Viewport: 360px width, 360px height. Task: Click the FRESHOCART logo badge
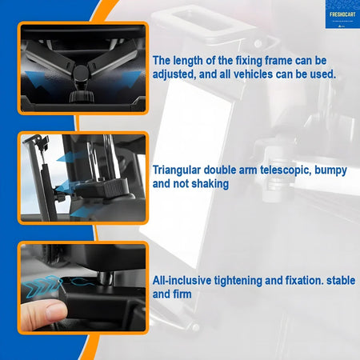[342, 14]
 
